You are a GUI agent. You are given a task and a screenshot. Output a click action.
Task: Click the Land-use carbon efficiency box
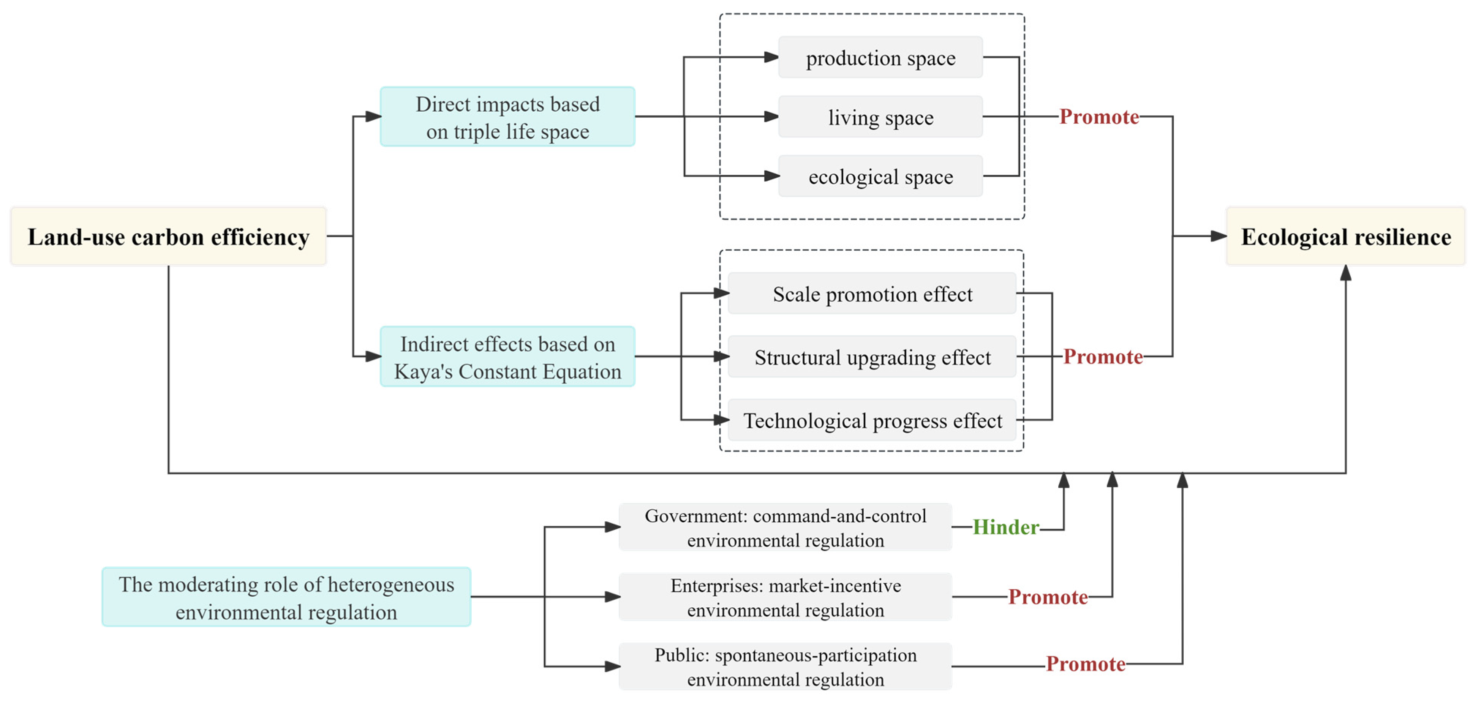[x=168, y=236]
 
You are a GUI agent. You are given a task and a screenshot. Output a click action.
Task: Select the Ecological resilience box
[x=1345, y=236]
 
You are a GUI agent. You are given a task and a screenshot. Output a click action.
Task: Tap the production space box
[x=880, y=57]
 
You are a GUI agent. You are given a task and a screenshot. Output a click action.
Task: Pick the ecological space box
[x=880, y=177]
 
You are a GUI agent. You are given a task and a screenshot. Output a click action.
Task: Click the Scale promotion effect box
[x=872, y=294]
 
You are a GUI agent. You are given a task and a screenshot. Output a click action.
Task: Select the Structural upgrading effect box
[x=872, y=357]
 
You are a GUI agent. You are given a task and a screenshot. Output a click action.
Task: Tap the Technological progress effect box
[x=872, y=420]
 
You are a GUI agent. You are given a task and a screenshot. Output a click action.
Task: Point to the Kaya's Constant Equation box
[x=507, y=357]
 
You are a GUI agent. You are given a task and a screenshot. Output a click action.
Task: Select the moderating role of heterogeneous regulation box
[x=286, y=597]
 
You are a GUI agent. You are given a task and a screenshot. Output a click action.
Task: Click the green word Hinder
[x=1005, y=527]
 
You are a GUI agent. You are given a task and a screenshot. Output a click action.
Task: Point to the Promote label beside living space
[x=1099, y=117]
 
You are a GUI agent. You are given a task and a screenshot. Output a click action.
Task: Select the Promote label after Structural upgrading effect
[x=1103, y=357]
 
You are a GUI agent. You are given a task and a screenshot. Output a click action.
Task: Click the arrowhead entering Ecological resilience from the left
[x=1218, y=236]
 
